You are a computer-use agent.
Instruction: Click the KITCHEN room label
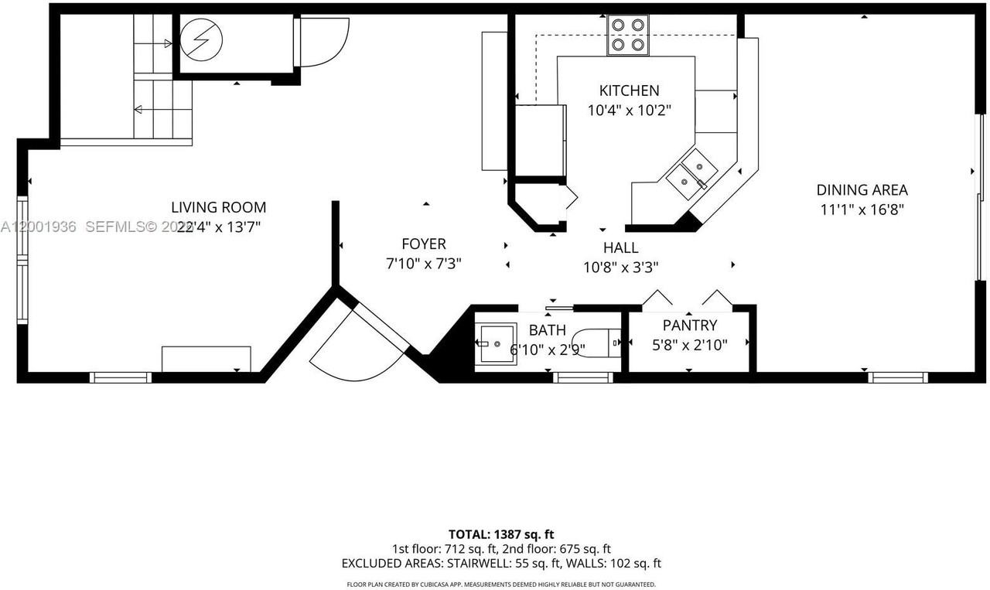point(629,90)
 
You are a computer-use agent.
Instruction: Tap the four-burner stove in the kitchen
point(627,35)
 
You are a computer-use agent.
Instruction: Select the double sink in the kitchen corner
point(691,173)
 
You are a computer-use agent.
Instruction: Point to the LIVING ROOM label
point(218,207)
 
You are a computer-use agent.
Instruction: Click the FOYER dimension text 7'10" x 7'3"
point(423,264)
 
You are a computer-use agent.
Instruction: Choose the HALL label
point(620,247)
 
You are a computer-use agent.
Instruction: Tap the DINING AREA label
point(862,189)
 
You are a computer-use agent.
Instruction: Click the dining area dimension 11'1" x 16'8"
point(862,209)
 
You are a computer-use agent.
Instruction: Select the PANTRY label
point(689,326)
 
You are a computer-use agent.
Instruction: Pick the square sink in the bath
point(495,343)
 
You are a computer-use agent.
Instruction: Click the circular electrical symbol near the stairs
point(201,39)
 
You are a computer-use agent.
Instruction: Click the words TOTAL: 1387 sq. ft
point(500,534)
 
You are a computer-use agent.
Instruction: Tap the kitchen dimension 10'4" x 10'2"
point(629,111)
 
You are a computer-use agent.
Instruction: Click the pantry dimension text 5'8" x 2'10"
point(689,345)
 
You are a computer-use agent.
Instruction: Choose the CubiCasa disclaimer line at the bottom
point(500,584)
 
